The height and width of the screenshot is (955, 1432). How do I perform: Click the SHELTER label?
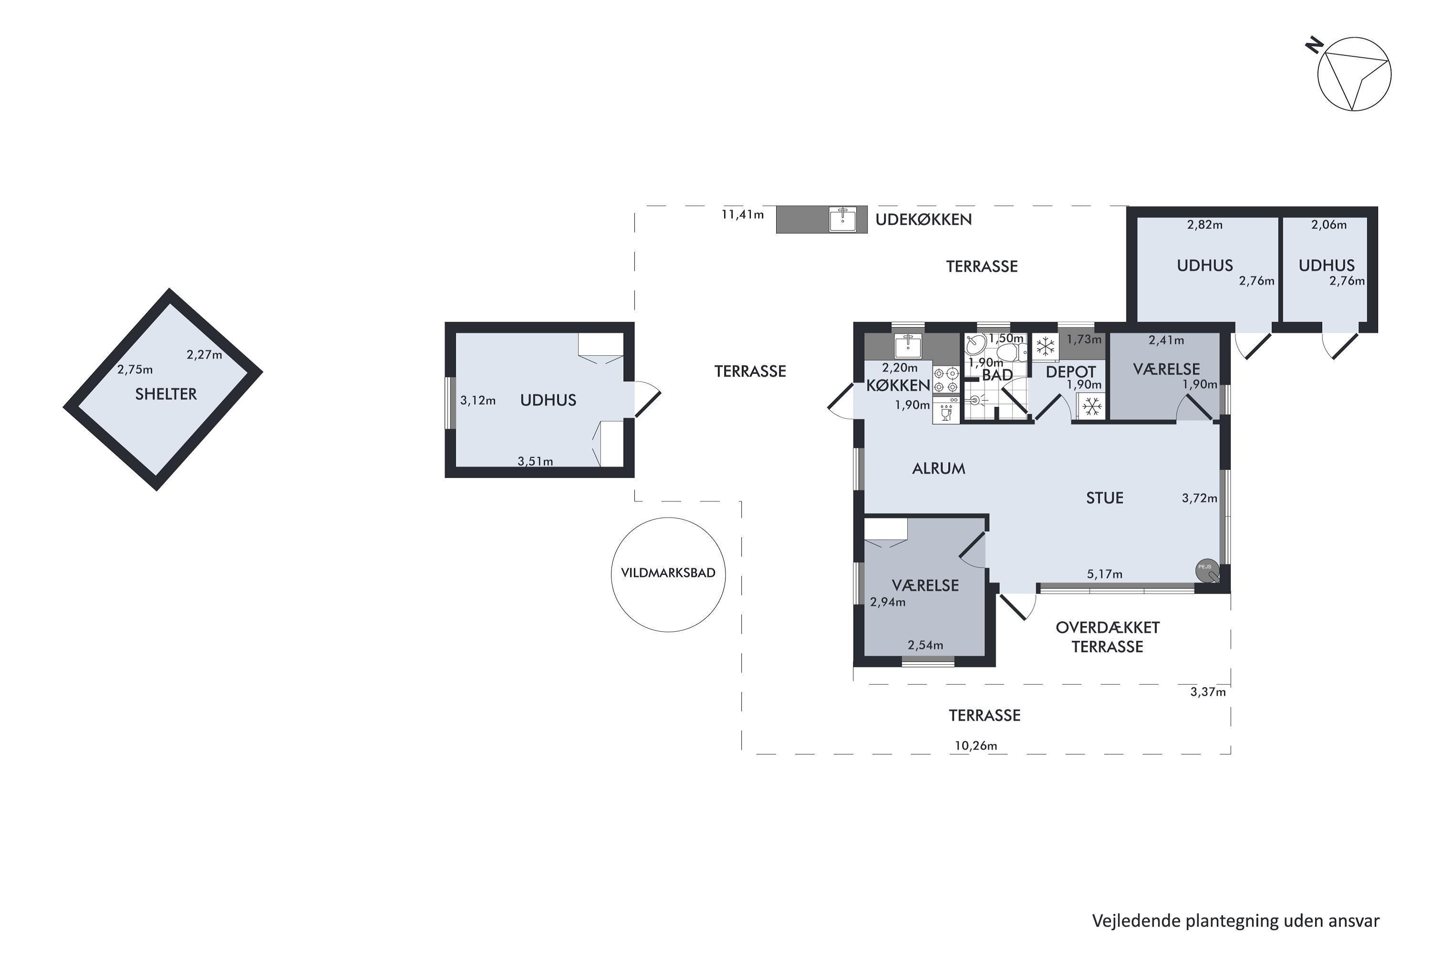click(x=166, y=394)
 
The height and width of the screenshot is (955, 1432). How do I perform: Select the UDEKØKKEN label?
click(x=923, y=219)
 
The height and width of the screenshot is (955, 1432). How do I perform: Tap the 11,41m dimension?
click(x=742, y=214)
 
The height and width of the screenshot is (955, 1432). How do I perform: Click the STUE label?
click(x=1105, y=498)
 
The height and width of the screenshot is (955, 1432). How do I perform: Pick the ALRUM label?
click(x=938, y=468)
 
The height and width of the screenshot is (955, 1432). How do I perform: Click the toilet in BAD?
click(x=1011, y=352)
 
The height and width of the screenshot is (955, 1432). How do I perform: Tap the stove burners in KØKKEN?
click(x=946, y=381)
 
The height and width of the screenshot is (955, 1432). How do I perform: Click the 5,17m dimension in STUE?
click(x=1105, y=574)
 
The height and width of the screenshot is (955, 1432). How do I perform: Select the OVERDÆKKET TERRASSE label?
click(x=1107, y=637)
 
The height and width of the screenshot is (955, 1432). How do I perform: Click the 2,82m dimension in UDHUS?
click(x=1205, y=225)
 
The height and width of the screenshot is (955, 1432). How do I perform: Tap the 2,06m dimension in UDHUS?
click(x=1329, y=225)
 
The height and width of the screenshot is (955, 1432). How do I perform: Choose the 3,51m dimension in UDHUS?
click(x=535, y=461)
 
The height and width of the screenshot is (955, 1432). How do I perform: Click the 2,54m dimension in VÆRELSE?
click(x=926, y=645)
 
